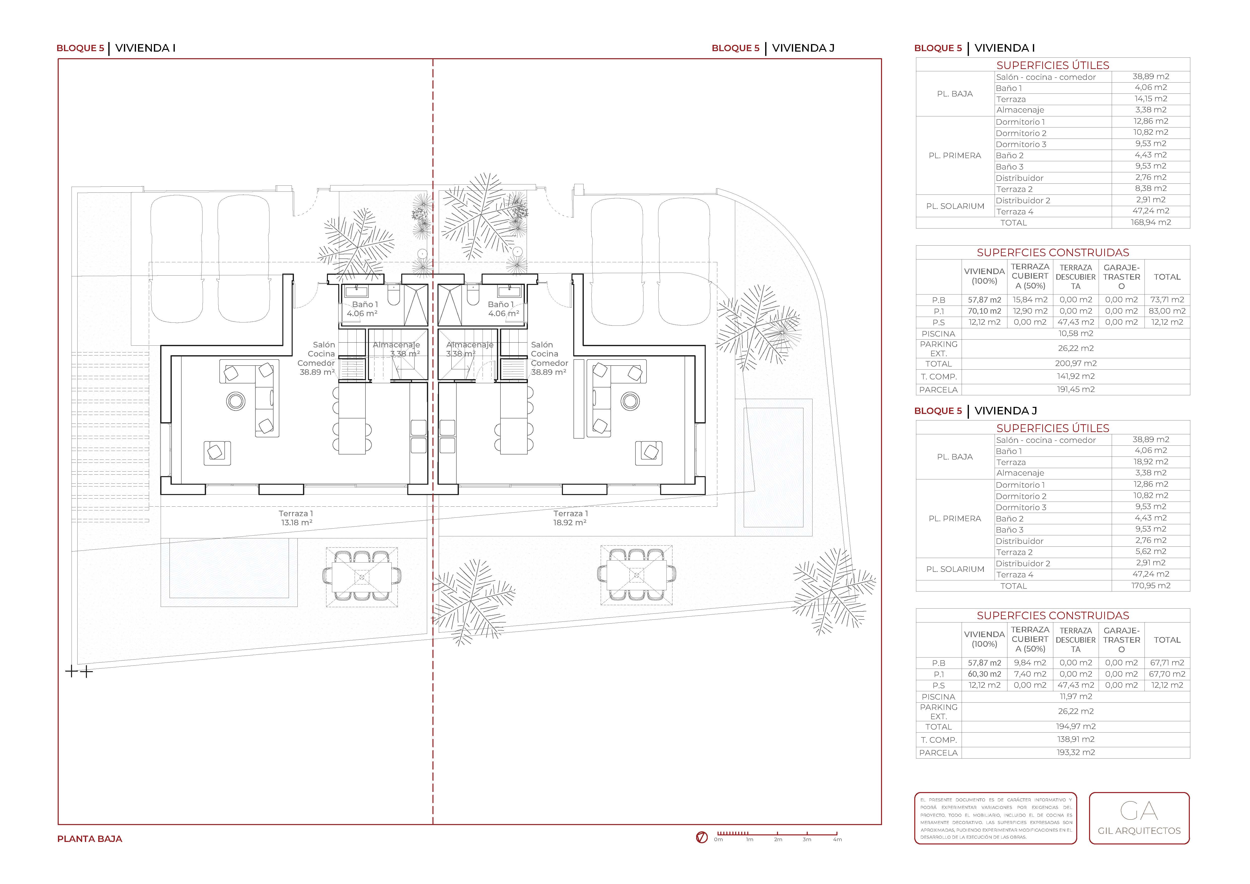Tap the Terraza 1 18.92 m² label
pos(570,518)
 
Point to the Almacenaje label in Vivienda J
pos(469,345)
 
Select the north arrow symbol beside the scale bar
pos(702,837)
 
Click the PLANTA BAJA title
pos(90,839)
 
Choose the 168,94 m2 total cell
pos(1150,222)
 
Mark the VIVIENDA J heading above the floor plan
pos(803,48)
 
